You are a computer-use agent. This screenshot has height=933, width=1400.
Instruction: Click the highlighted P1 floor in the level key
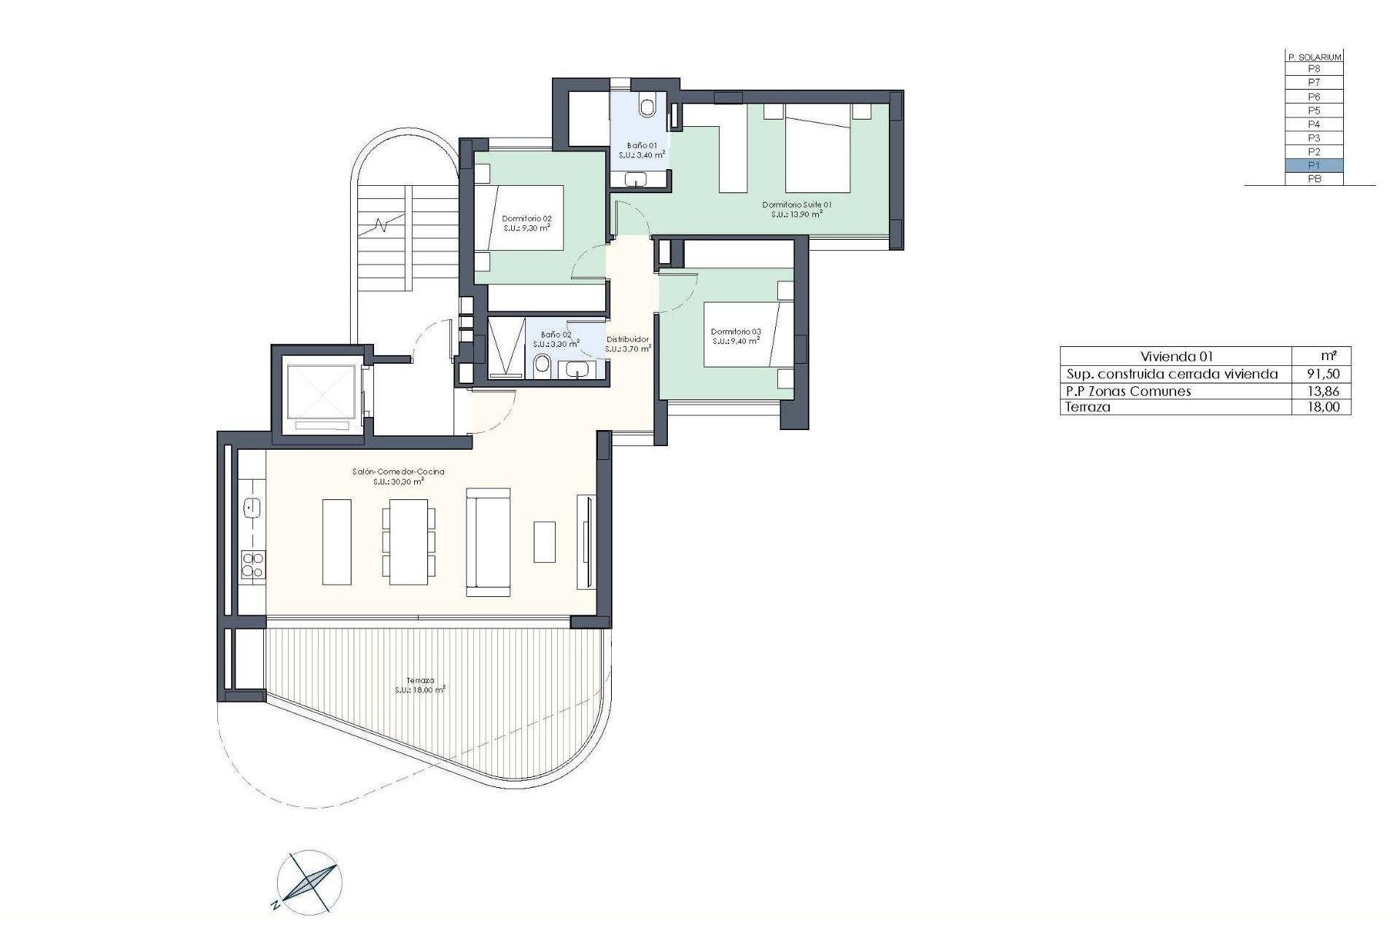(1314, 165)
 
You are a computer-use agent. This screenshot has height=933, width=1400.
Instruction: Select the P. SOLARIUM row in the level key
(1314, 57)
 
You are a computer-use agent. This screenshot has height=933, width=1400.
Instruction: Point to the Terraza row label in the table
(1088, 407)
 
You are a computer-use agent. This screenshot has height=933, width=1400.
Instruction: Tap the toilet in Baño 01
(647, 106)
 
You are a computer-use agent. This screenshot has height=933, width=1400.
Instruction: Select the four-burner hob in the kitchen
(252, 565)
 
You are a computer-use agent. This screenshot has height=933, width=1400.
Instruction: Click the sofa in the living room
(487, 543)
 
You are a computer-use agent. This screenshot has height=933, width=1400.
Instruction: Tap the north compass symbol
(310, 882)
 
